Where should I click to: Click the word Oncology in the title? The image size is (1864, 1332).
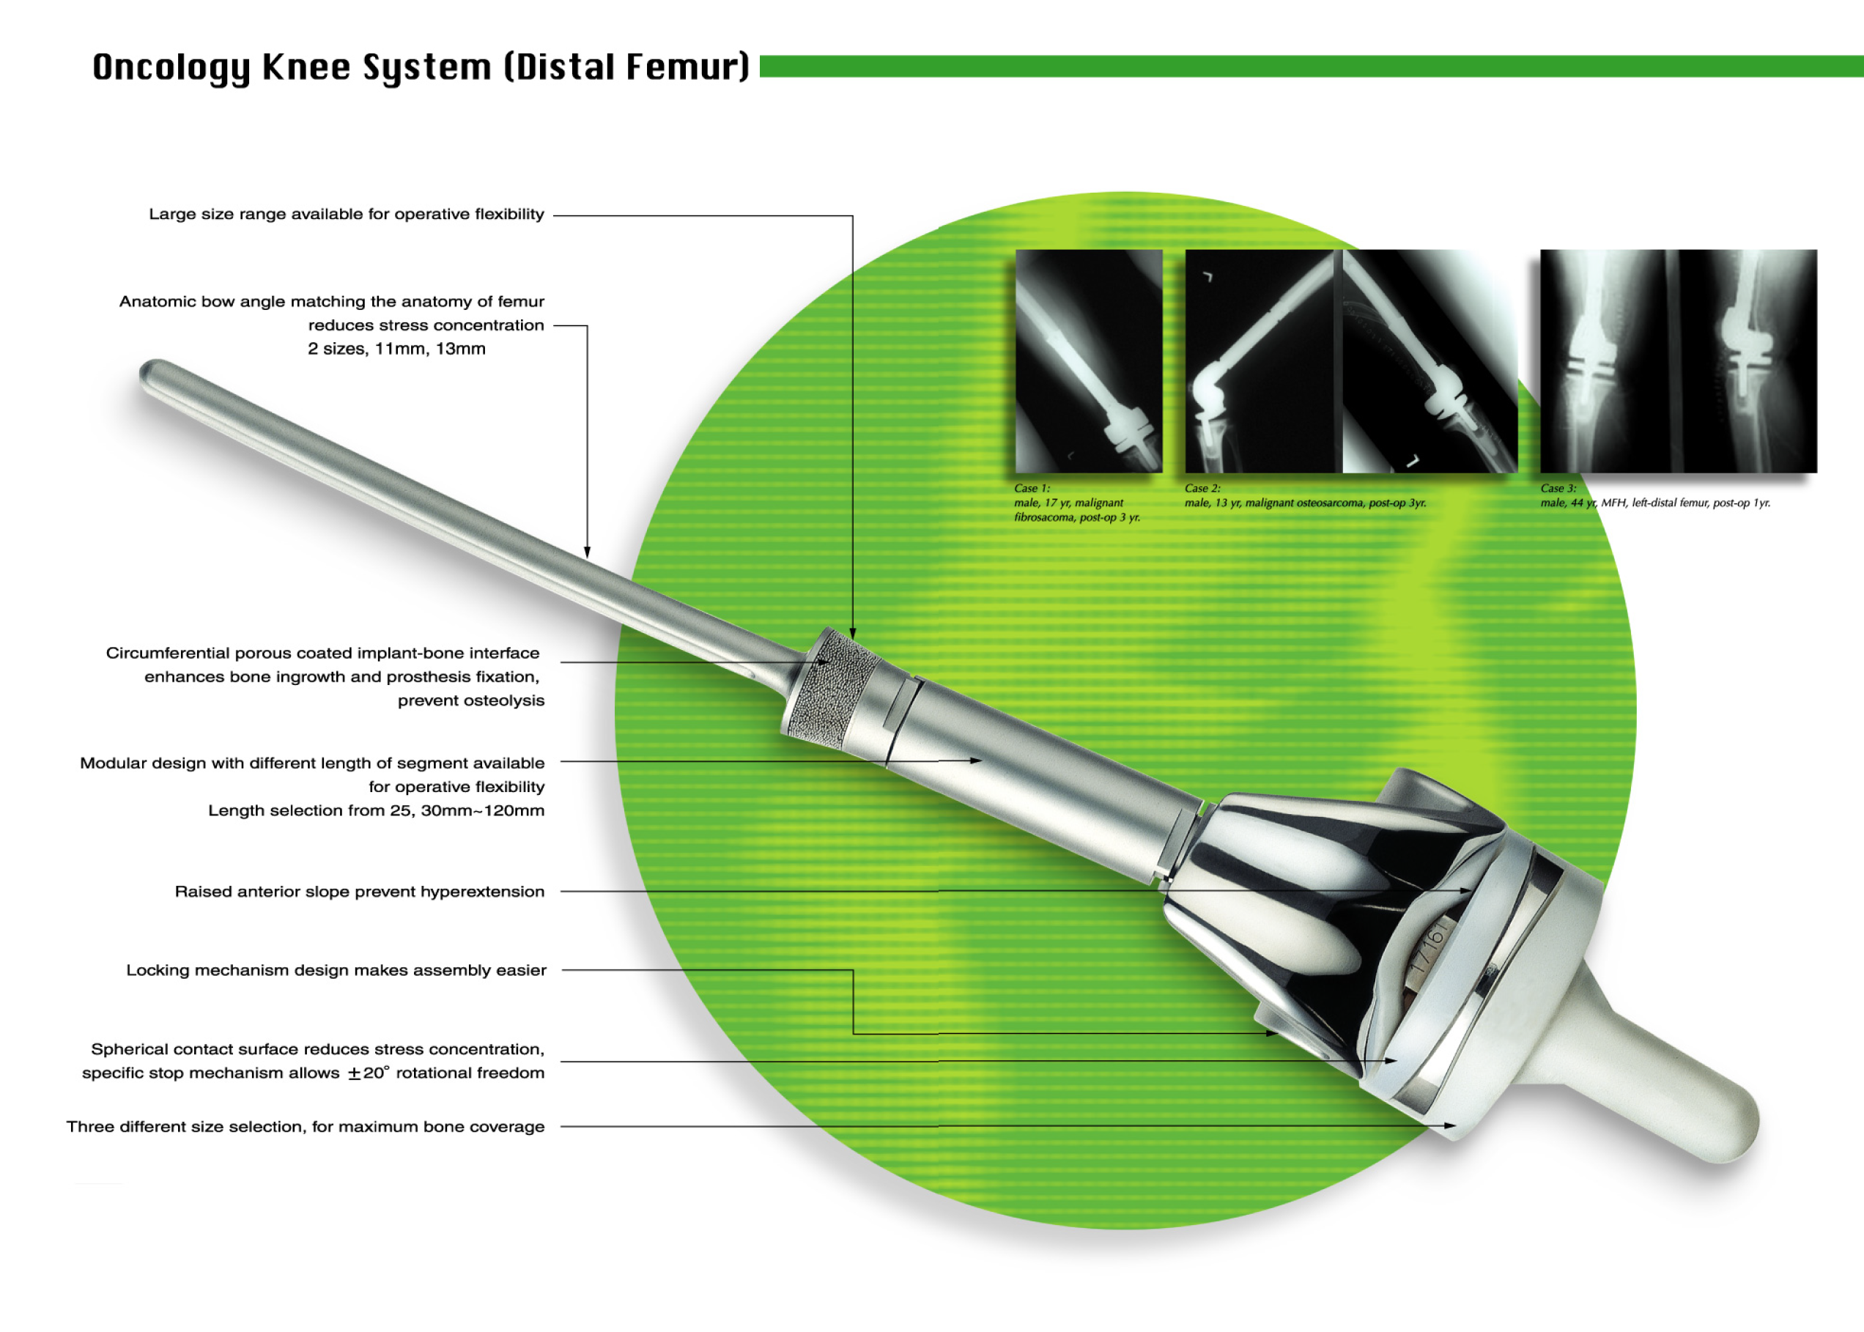coord(171,67)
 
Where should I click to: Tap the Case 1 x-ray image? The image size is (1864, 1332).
coord(1088,361)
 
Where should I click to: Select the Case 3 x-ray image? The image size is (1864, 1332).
coord(1678,361)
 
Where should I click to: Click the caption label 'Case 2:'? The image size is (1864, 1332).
coord(1202,488)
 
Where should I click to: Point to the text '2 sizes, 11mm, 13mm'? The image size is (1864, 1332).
coord(397,349)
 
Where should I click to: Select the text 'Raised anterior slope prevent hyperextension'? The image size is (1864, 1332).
coord(359,892)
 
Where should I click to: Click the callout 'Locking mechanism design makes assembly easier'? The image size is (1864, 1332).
coord(336,970)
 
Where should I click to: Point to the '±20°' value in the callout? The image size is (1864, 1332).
coord(369,1073)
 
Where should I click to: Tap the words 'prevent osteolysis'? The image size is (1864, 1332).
coord(470,700)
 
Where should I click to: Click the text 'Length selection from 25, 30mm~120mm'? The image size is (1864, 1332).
coord(376,810)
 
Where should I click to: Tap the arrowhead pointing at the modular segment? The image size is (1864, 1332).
coord(976,761)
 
